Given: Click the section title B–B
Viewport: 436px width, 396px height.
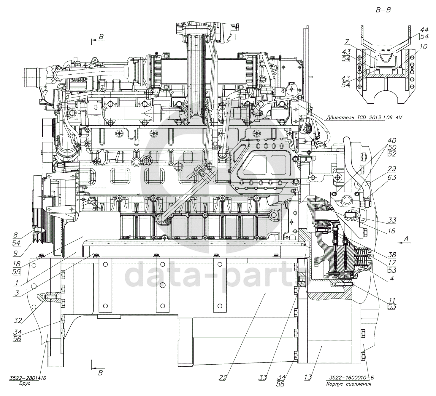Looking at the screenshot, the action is click(x=383, y=10).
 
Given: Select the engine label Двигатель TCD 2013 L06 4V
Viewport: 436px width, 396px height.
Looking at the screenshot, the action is click(x=364, y=118).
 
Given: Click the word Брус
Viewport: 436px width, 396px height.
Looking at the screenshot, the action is click(x=25, y=384).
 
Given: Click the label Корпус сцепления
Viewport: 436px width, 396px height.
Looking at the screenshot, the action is click(x=349, y=384).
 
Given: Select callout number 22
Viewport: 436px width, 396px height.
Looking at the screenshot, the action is click(x=223, y=378).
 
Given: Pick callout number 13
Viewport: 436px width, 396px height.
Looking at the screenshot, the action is click(x=308, y=377).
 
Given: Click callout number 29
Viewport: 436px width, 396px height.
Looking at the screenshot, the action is click(x=392, y=169).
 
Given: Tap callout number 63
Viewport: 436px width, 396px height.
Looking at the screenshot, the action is click(x=392, y=177).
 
